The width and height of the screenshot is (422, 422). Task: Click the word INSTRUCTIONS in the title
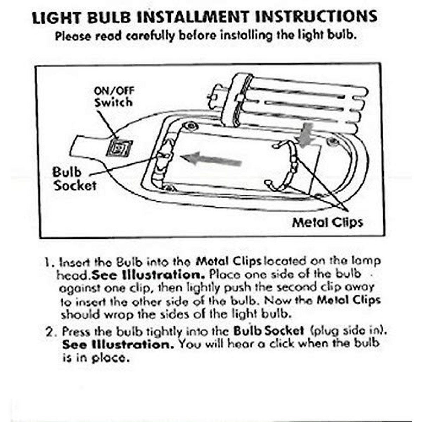pos(316,17)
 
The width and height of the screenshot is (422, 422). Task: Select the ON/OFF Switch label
pos(114,97)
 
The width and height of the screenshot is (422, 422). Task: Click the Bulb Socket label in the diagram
pos(74,179)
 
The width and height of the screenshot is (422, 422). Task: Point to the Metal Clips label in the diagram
pos(327,222)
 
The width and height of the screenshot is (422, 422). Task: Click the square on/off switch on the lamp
pos(120,148)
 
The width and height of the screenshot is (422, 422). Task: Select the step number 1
pos(48,262)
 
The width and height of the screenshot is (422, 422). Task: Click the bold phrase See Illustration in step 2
pos(118,344)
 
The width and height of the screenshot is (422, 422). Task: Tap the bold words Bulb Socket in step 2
pos(268,331)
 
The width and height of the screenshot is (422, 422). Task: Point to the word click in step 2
pos(281,344)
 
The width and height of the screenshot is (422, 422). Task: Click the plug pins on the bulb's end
pos(212,96)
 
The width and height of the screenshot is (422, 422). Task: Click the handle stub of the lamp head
pos(84,146)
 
